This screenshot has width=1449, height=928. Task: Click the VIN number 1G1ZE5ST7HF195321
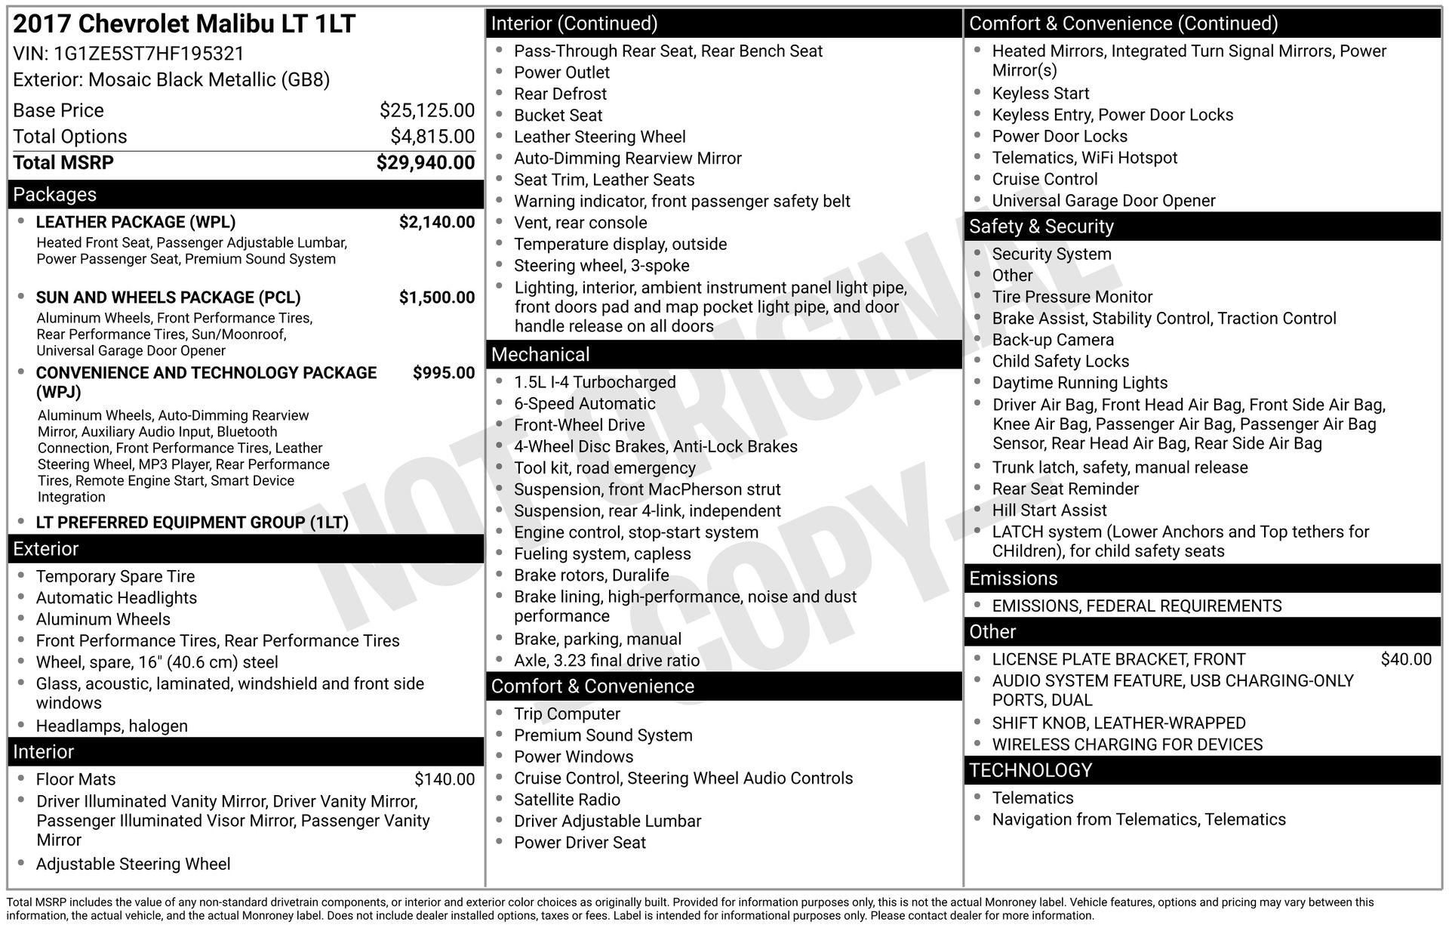[149, 54]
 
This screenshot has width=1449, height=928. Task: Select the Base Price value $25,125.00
[426, 110]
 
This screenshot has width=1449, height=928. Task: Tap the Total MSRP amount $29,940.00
[425, 162]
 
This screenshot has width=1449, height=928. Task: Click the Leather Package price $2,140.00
[436, 222]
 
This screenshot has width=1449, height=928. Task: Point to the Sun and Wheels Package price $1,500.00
[436, 298]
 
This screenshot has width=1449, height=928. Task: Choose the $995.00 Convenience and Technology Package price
[443, 373]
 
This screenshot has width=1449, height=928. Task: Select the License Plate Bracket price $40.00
[1405, 659]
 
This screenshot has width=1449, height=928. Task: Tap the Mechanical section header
[540, 355]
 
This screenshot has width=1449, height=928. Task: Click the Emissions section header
[1013, 578]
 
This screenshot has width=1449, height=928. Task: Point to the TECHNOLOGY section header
[1030, 770]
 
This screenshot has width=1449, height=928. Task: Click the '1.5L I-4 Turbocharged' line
[594, 382]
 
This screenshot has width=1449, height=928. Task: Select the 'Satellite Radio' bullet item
[566, 800]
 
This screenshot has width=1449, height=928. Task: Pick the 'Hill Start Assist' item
[1048, 510]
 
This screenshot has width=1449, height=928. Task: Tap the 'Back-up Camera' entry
[1052, 340]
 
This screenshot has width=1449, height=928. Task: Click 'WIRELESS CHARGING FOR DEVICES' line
[1126, 745]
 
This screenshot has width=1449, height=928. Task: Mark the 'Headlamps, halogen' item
[112, 726]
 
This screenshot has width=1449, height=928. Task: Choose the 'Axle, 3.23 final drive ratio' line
[606, 661]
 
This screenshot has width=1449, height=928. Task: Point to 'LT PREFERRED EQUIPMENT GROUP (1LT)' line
[192, 523]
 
